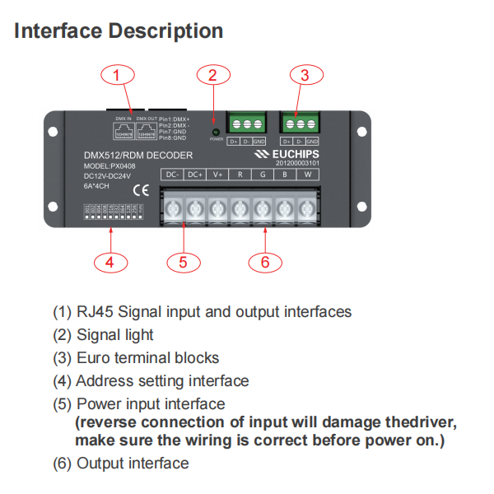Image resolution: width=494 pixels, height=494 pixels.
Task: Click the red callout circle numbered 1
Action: coord(118,76)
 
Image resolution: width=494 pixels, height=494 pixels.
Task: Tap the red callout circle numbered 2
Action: coord(212,76)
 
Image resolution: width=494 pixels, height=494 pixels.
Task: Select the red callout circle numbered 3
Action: coord(305,76)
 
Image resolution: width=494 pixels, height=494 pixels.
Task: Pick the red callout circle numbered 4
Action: coord(110,262)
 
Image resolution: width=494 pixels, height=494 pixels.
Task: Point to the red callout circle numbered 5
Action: coord(184,262)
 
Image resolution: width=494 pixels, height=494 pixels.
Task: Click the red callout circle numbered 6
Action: coord(265,262)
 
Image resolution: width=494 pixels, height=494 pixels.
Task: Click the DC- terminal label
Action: coord(173,175)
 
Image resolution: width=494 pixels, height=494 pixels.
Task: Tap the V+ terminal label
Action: coord(217,175)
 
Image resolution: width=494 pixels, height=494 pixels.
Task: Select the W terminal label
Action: coord(306,175)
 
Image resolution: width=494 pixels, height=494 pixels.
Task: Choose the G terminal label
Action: coord(262,175)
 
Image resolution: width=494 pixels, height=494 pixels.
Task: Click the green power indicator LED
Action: coord(216,132)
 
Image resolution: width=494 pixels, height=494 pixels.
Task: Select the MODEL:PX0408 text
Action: coord(111,165)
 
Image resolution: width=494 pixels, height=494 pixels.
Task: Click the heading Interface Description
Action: coord(119,31)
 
